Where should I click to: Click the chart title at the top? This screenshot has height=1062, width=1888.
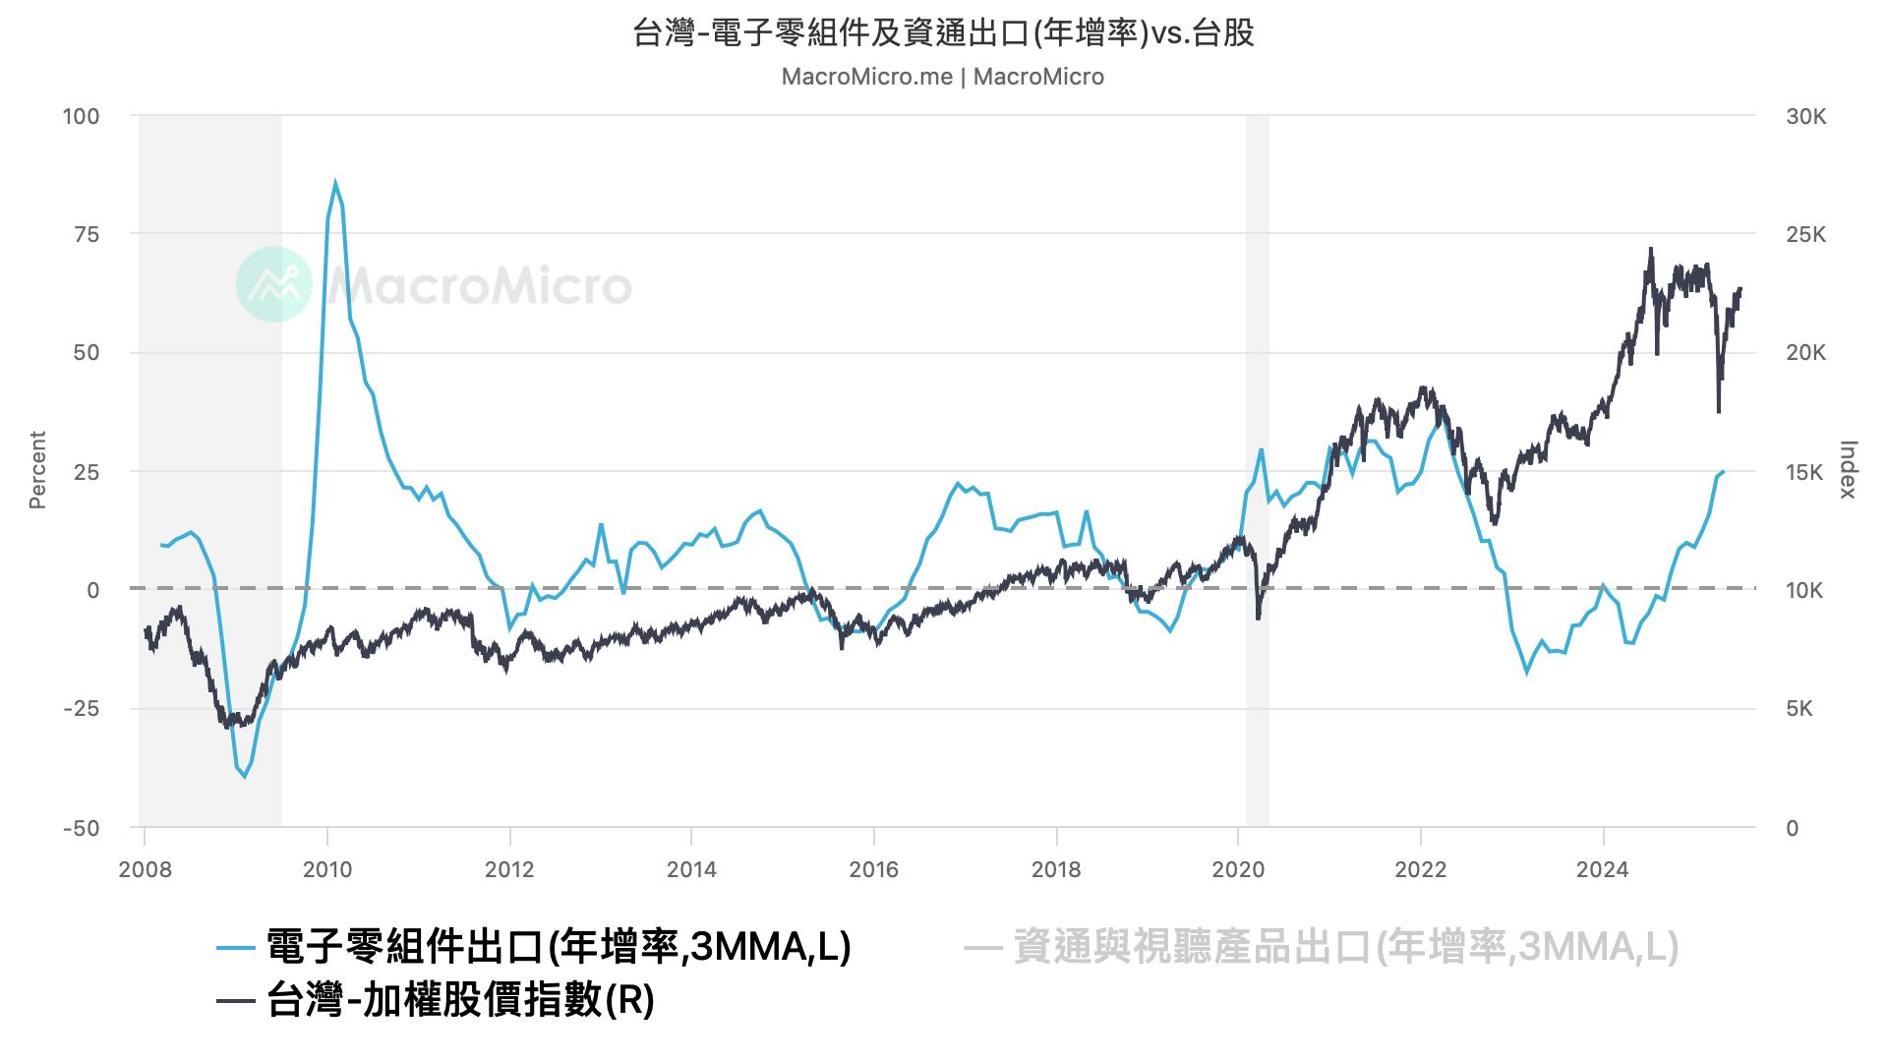pos(943,33)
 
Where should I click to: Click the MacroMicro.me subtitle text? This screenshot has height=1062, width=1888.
pos(942,77)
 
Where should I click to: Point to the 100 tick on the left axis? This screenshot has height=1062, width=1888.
pos(82,116)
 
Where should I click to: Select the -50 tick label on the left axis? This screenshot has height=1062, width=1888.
pos(82,828)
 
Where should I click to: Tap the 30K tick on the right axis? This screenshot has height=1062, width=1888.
pos(1805,116)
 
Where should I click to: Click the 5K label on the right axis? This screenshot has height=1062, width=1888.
pos(1799,709)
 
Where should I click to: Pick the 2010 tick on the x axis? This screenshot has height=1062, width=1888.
pos(326,869)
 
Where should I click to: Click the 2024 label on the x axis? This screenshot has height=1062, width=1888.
pos(1602,869)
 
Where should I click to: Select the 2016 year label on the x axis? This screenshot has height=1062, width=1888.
pos(873,869)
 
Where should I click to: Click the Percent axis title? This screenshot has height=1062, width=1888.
pos(37,470)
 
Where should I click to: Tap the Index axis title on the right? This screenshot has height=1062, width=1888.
pos(1848,470)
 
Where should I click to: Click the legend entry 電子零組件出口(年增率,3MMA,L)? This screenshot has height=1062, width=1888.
pos(558,947)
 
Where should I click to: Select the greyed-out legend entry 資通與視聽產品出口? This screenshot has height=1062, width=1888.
pos(1345,947)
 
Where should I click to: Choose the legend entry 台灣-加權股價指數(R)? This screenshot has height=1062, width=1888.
pos(460,1000)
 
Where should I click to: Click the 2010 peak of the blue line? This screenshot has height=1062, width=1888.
pos(335,183)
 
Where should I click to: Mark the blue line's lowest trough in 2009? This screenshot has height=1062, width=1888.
pos(245,777)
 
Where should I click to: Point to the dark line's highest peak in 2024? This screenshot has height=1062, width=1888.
pos(1651,249)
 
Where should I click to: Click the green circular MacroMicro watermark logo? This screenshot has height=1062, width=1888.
pos(274,284)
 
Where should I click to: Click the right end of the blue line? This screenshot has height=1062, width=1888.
pos(1723,472)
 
